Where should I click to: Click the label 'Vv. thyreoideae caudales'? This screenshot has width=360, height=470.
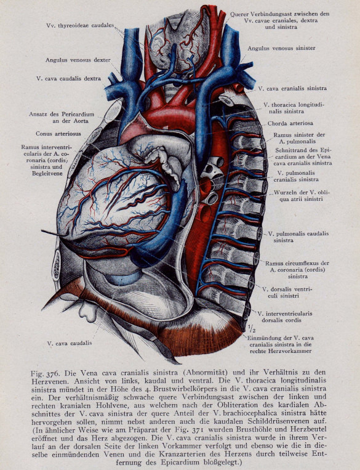[x=80, y=25]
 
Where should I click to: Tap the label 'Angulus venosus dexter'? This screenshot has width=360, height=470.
[x=78, y=60]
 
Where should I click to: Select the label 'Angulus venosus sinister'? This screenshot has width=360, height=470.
[x=281, y=48]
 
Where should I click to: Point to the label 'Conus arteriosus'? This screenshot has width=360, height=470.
[x=58, y=134]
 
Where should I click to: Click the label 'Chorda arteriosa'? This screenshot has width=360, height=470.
[x=290, y=123]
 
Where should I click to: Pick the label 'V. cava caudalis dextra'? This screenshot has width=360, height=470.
[x=68, y=78]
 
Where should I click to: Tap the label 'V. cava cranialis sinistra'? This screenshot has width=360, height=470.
[x=292, y=89]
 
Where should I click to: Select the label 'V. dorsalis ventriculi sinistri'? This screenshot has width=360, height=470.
[x=287, y=292]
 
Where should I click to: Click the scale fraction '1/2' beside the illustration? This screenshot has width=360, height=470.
[x=252, y=329]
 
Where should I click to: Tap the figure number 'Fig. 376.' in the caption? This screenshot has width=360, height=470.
[x=46, y=373]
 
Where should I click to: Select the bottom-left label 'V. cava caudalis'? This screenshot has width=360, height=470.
[x=70, y=343]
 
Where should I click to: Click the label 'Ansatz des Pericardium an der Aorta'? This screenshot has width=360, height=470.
[x=62, y=118]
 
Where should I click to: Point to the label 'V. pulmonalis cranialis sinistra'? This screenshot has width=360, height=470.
[x=296, y=176]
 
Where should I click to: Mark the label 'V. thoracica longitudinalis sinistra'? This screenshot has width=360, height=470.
[x=294, y=108]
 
